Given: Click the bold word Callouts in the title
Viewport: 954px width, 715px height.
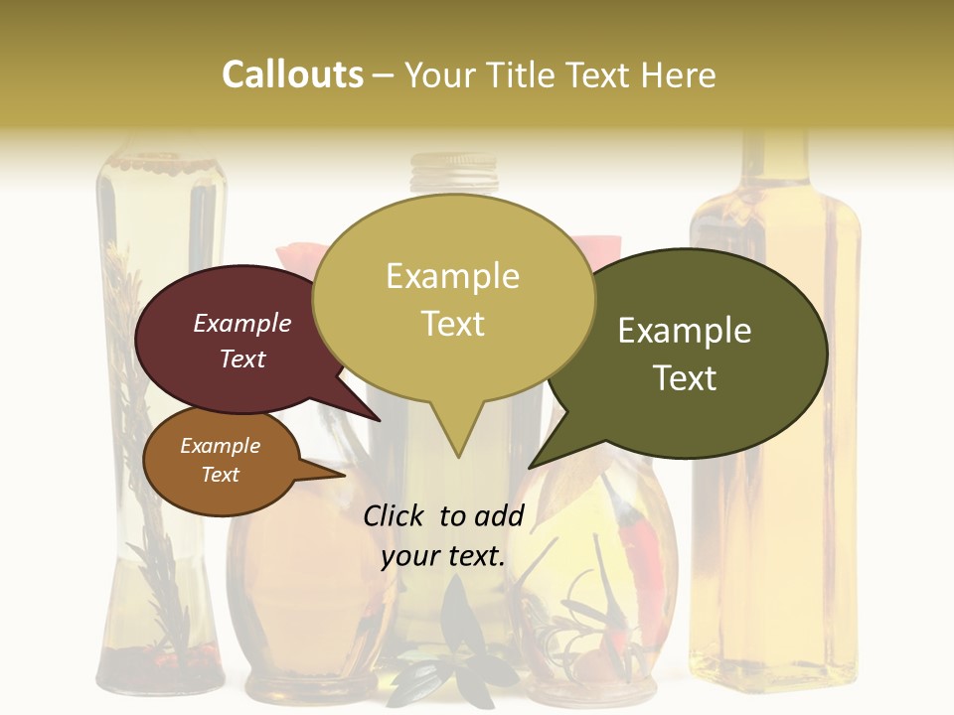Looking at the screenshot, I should click(292, 75).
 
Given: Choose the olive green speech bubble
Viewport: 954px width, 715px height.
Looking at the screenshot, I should click(696, 353).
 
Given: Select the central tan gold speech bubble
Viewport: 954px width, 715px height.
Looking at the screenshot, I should click(453, 298).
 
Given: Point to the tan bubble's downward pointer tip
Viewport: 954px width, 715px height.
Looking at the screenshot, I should click(458, 457).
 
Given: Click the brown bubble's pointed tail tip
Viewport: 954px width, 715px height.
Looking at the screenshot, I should click(345, 475).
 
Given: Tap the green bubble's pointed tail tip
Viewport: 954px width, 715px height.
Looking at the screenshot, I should click(530, 468).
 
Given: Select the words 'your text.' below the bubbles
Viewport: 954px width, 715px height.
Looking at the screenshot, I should click(443, 556).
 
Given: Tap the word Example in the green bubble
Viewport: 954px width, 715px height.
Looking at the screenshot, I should click(685, 331).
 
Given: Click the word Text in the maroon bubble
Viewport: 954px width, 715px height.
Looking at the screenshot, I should click(242, 359).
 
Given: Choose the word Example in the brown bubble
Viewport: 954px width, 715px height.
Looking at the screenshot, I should click(221, 446).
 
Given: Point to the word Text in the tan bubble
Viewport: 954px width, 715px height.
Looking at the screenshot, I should click(453, 324).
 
